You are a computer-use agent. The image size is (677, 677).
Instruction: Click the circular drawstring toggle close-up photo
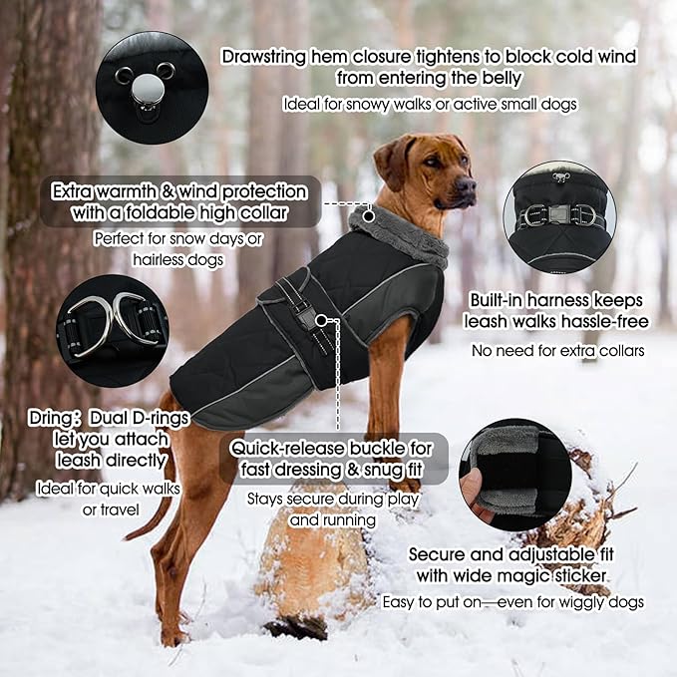pos(152,87)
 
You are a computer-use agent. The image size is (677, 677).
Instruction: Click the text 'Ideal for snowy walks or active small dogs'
pos(429,104)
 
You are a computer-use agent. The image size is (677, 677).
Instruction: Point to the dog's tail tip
pos(129,535)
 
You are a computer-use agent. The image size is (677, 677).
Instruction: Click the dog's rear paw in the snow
pos(171,635)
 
